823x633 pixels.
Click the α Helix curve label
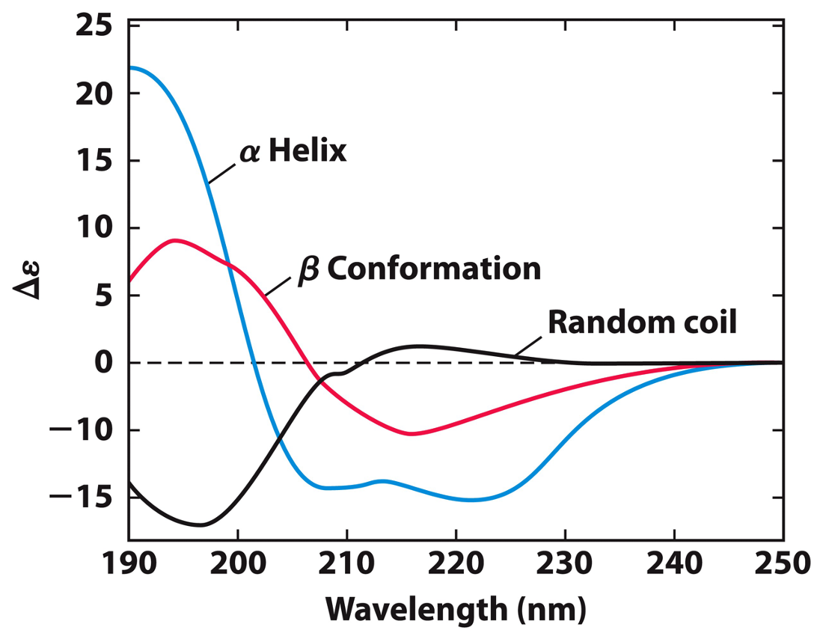tap(293, 152)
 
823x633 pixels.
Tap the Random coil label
tap(643, 322)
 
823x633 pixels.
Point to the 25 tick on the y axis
tap(95, 27)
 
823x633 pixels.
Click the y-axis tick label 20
tap(95, 94)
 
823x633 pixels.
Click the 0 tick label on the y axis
tap(105, 363)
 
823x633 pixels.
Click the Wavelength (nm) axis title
tap(456, 609)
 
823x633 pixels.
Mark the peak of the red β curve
tap(174, 240)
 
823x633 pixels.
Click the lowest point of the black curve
tap(201, 525)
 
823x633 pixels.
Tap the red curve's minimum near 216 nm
tap(411, 433)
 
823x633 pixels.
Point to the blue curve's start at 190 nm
tap(130, 67)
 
